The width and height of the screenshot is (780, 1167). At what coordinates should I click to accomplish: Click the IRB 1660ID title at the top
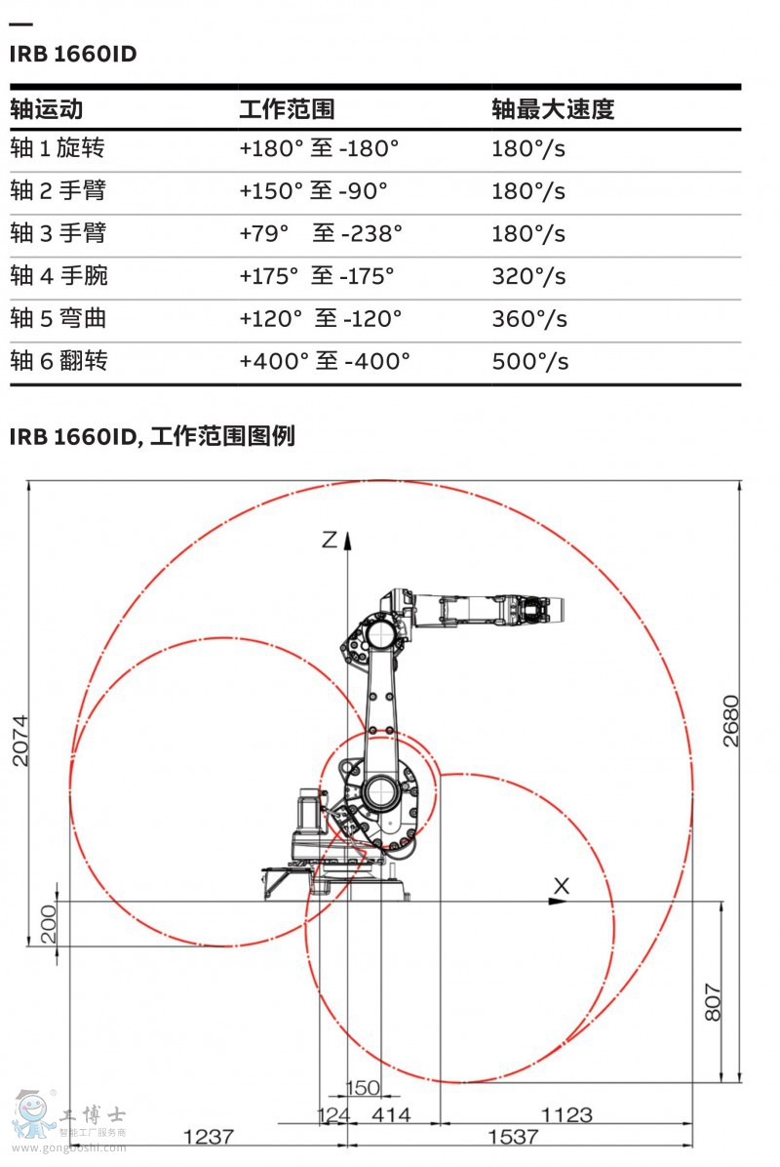tap(73, 54)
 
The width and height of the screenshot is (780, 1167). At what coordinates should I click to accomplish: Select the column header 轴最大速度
tap(553, 109)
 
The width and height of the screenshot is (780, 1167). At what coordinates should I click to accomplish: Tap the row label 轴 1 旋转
tap(58, 147)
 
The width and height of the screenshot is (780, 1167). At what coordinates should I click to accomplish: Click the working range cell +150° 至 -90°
tap(313, 190)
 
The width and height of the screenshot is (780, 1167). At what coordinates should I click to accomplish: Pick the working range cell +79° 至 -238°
tap(321, 233)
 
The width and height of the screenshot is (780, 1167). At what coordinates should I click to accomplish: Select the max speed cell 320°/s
tap(528, 276)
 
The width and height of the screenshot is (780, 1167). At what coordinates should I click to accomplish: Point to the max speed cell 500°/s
tap(530, 362)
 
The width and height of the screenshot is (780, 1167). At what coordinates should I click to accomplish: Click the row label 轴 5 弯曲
tap(58, 318)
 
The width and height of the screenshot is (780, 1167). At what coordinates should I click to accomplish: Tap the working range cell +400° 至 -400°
tap(325, 362)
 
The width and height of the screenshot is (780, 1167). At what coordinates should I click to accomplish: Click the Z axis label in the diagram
tap(330, 539)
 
